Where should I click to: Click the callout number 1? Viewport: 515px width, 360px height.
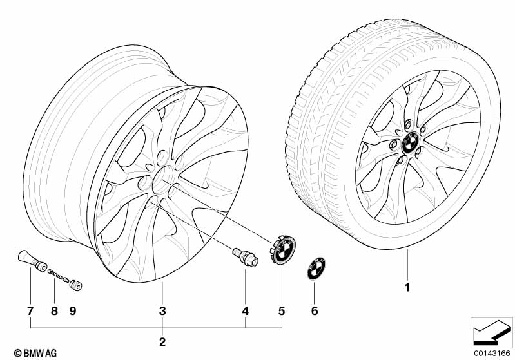coord(407,288)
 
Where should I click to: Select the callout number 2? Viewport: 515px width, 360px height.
coord(162,342)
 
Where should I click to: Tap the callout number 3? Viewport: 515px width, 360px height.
coord(162,311)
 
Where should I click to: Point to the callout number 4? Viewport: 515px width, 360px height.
coord(246,311)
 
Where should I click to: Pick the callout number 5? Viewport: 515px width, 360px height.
coord(282,311)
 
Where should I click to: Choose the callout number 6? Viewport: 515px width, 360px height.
coord(315,311)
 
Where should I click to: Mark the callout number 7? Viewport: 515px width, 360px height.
coord(30,311)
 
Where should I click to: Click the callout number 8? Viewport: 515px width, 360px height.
coord(55,311)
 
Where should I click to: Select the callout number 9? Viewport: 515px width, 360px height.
coord(73,311)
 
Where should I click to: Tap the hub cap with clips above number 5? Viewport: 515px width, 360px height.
coord(283,249)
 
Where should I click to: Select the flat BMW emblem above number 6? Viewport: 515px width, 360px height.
coord(316,269)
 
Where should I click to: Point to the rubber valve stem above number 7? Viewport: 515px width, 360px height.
coord(32,260)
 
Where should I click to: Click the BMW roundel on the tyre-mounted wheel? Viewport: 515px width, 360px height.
coord(409,143)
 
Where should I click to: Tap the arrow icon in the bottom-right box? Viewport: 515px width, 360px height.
coord(492,333)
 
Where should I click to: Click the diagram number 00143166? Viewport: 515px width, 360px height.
coord(492,354)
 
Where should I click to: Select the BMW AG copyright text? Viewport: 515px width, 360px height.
coord(35,353)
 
